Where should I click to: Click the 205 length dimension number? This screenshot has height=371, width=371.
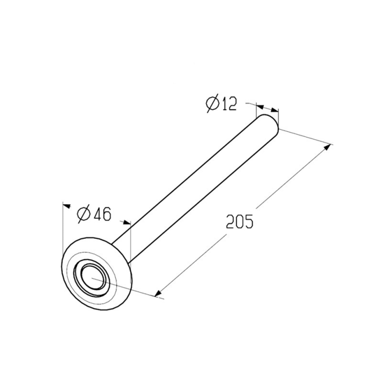tap(240, 222)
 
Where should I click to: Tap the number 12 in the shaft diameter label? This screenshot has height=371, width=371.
tap(229, 104)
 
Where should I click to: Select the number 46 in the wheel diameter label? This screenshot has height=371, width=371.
tap(102, 214)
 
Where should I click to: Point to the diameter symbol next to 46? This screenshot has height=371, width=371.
tap(84, 214)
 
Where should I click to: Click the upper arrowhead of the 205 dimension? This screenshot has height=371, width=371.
tap(327, 147)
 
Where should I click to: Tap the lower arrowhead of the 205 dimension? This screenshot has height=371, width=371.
tap(158, 293)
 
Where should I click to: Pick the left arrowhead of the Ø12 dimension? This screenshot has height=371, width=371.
tap(260, 107)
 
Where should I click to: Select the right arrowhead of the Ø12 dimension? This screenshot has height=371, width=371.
tap(275, 110)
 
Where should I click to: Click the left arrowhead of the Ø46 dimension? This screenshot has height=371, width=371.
tap(66, 206)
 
